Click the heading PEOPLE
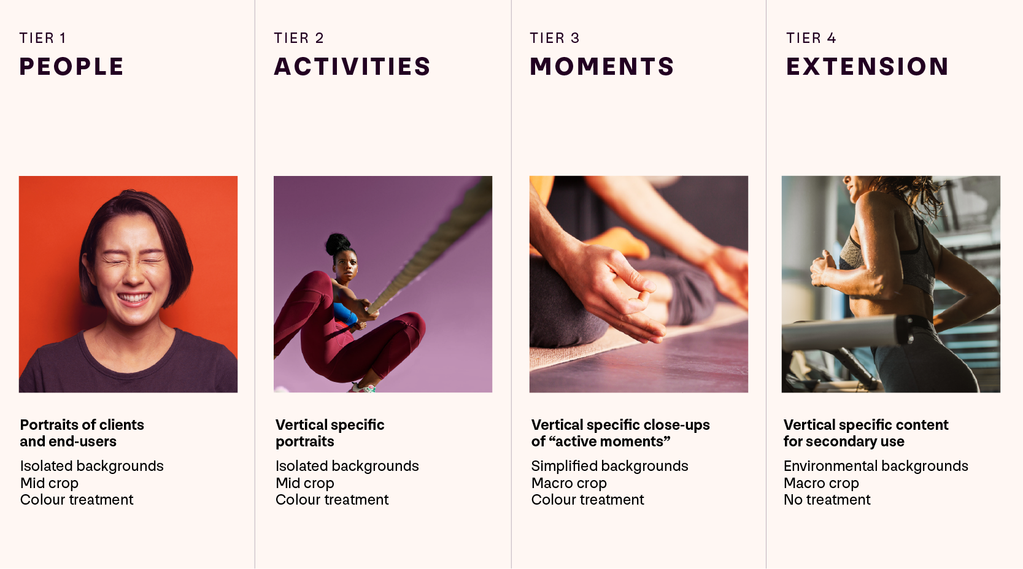coord(71,67)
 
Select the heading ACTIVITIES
coord(352,67)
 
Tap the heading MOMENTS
coord(602,67)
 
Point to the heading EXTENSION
coord(867,67)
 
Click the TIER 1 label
coord(42,38)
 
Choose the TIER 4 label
coord(811,38)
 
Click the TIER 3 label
coord(554,38)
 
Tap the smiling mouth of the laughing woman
coord(134,299)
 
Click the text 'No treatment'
coord(827,500)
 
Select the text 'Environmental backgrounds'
coord(875,466)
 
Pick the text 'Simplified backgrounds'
coord(609,466)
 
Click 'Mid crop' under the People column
coord(49,483)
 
